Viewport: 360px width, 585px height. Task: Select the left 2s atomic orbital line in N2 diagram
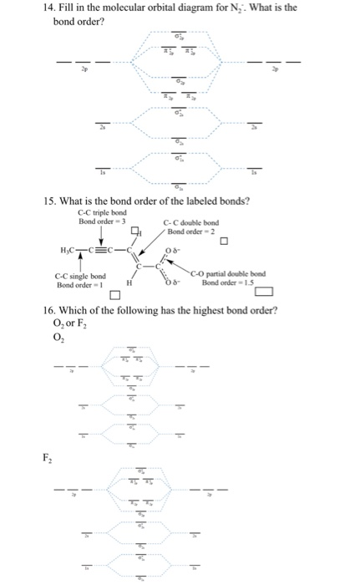coord(102,125)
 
